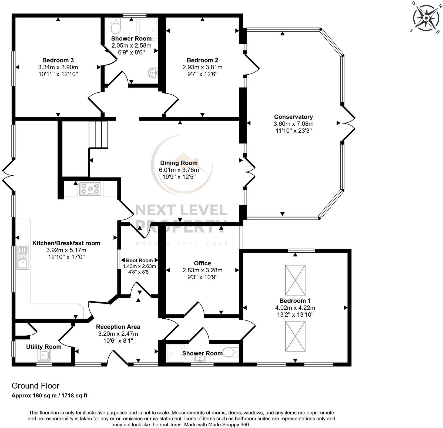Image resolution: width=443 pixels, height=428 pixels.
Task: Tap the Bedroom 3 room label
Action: point(58,60)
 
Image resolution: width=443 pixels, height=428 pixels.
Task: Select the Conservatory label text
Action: point(293,117)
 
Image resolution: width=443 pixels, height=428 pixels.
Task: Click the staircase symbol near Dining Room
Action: point(99,134)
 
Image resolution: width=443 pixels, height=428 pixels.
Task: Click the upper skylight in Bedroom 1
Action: point(295,280)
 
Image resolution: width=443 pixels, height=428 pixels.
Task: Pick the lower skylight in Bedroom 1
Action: point(295,336)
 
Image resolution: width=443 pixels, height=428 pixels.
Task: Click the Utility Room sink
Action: point(43,355)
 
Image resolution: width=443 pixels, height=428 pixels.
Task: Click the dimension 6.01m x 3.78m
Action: point(179,170)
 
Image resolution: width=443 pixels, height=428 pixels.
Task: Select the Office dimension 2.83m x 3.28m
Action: point(202,270)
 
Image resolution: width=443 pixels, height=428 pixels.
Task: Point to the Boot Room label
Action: point(139,260)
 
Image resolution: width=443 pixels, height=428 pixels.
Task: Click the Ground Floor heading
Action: point(35,386)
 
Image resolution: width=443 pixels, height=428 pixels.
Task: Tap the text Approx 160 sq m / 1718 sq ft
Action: point(49,396)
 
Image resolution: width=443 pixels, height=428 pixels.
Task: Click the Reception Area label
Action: point(118,327)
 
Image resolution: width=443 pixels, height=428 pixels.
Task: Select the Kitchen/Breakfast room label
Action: point(66,243)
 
